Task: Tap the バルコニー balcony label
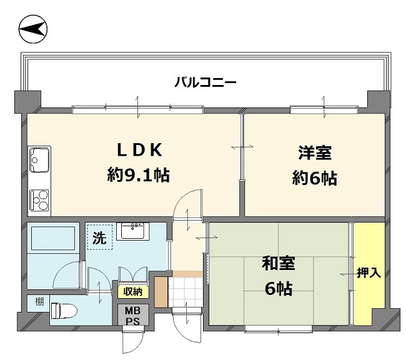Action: point(205,82)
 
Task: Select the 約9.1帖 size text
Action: point(138,175)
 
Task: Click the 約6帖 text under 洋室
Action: point(315,179)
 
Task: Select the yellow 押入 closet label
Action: point(369,272)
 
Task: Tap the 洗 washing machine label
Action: point(99,237)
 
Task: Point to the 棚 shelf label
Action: point(39,302)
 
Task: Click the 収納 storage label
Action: point(132,291)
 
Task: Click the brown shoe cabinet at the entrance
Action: point(161,291)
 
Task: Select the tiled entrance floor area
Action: point(186,288)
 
